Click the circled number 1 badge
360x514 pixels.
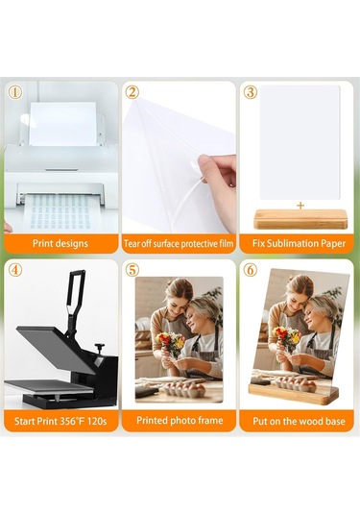[x=15, y=92]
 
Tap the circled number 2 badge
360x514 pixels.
[x=132, y=92]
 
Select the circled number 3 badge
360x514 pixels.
[x=251, y=92]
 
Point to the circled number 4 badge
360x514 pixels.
[x=15, y=270]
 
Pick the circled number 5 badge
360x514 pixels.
[x=132, y=270]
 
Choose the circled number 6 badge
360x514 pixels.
[x=251, y=270]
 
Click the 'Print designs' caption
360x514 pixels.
[x=60, y=243]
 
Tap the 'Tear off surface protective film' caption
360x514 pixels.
[x=179, y=243]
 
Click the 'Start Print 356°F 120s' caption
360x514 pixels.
[x=60, y=421]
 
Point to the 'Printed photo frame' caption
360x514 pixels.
[x=179, y=421]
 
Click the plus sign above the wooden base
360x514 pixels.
[x=300, y=205]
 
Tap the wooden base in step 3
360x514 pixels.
[x=300, y=218]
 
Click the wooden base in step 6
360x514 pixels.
[x=294, y=391]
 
